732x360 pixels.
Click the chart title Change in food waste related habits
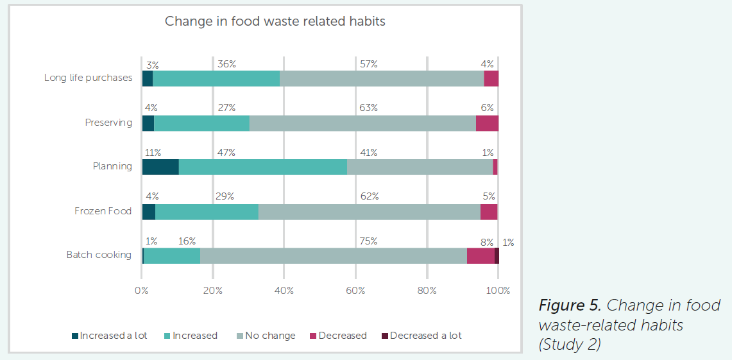(275, 21)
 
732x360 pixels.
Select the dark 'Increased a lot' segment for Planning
(160, 166)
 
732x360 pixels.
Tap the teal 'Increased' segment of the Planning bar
(262, 166)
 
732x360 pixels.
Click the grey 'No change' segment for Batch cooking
(333, 255)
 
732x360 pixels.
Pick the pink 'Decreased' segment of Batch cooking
(481, 255)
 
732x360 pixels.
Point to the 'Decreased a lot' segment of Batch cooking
(497, 255)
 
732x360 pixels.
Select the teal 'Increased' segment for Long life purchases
(216, 78)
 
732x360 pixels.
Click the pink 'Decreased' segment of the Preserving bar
(487, 123)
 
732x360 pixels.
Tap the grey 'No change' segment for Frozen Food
(369, 211)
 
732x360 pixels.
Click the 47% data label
(226, 153)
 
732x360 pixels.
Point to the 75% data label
(368, 241)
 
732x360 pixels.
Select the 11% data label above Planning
(153, 153)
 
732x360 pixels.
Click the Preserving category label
(108, 123)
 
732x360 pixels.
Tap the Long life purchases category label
(88, 78)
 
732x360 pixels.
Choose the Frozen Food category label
(103, 211)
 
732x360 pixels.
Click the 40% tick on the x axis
(284, 291)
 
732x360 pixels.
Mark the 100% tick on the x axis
(498, 291)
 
